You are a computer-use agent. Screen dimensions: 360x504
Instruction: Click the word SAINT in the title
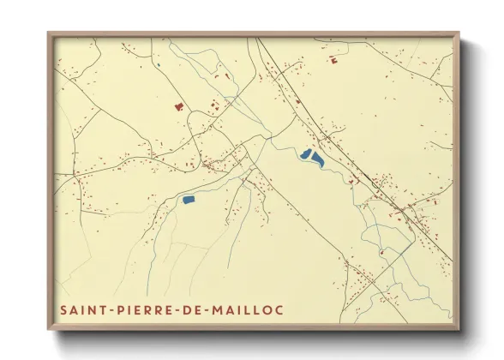pos(80,309)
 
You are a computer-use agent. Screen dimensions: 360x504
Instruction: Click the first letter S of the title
pos(62,309)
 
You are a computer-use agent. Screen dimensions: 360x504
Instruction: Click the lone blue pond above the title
pos(189,199)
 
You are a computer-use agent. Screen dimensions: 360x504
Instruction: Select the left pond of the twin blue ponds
pos(304,154)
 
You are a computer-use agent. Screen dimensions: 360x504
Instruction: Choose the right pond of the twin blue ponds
pos(317,159)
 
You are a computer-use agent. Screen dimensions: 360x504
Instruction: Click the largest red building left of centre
pos(179,107)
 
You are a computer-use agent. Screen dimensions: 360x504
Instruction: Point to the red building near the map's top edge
pos(331,59)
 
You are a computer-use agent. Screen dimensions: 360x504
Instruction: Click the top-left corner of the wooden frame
pos(48,33)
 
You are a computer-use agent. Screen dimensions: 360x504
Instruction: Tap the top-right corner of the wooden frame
pos(459,33)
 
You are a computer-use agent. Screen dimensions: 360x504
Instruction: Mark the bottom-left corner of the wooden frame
pos(48,329)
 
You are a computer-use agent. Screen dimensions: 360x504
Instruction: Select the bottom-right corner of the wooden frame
pos(459,329)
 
